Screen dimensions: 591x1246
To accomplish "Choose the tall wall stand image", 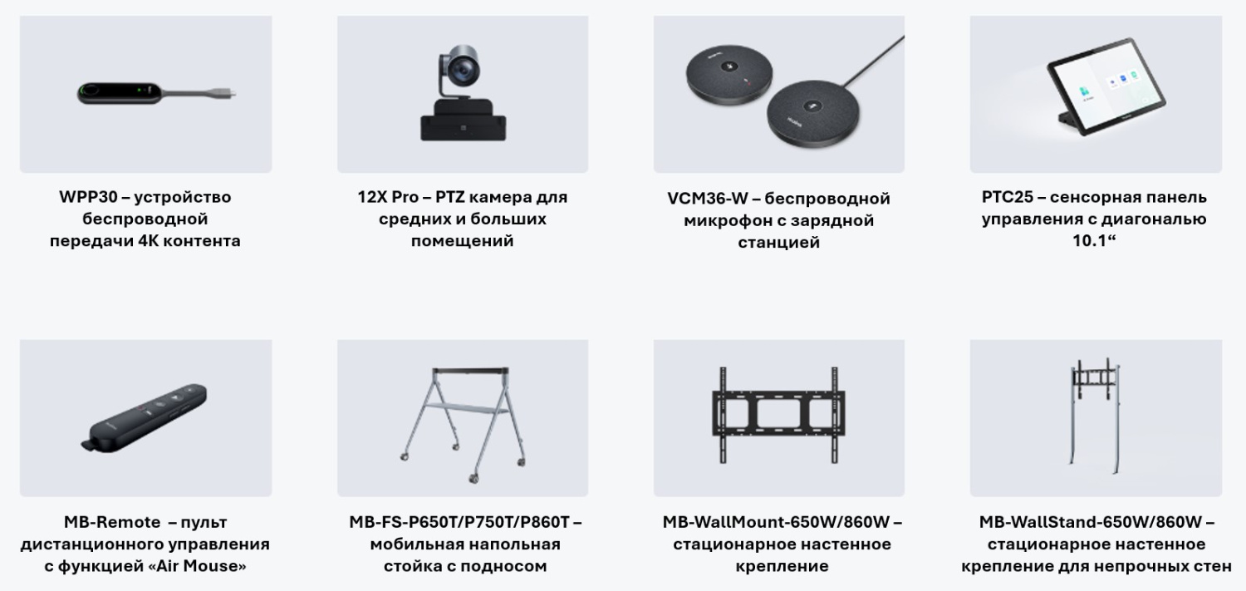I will [1095, 416].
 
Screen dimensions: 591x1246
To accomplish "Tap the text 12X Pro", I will [387, 198].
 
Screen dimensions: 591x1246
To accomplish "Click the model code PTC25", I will [1007, 198].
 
